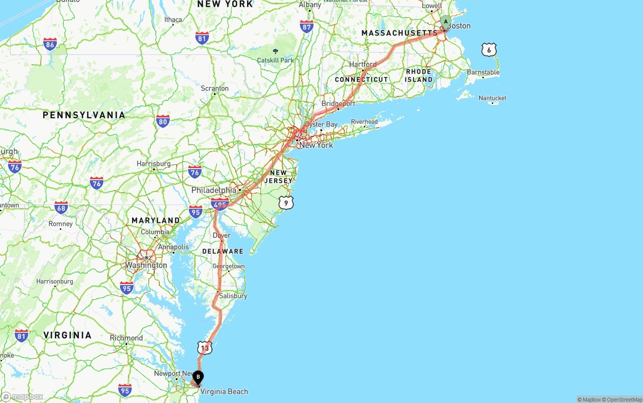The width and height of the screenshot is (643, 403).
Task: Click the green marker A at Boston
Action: click(x=446, y=22)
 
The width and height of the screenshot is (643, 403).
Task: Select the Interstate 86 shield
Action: click(x=50, y=44)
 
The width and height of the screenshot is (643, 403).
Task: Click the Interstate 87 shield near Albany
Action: click(x=306, y=27)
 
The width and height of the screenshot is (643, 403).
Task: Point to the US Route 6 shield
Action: click(x=489, y=50)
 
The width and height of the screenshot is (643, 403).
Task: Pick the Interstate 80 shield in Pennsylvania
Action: click(x=162, y=121)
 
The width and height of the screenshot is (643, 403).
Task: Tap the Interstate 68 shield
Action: click(x=61, y=207)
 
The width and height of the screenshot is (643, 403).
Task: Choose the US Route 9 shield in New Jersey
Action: click(x=286, y=203)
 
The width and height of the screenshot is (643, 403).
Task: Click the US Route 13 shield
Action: click(x=204, y=347)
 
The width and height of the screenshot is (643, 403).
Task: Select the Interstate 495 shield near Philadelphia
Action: click(x=220, y=204)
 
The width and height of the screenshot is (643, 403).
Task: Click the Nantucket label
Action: click(x=492, y=98)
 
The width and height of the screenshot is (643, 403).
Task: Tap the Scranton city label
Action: click(x=215, y=89)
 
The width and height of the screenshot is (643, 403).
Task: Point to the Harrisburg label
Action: click(x=153, y=164)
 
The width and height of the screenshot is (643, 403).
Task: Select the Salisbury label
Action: click(x=233, y=296)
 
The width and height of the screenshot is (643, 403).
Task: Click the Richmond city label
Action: click(x=126, y=338)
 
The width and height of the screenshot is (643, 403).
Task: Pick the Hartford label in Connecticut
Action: click(x=363, y=65)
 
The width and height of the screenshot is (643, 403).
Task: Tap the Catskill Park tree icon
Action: click(x=275, y=51)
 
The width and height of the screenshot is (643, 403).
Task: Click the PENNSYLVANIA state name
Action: click(x=84, y=115)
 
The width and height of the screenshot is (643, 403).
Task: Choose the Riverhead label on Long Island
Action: click(x=364, y=122)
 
